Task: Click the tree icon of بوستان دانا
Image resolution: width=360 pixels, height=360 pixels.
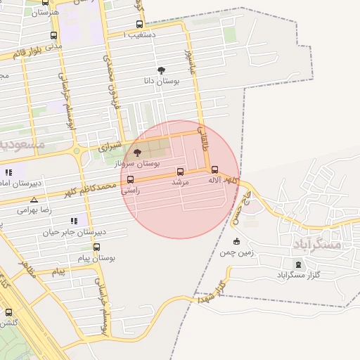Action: (161, 70)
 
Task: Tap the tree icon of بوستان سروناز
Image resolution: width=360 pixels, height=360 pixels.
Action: (137, 152)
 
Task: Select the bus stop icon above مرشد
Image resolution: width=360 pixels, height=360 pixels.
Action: (180, 172)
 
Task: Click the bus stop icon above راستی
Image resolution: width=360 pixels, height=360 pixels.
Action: (130, 179)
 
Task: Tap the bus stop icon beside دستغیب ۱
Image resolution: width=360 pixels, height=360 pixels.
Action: (139, 25)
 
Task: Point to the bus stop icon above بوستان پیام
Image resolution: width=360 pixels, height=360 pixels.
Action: (96, 247)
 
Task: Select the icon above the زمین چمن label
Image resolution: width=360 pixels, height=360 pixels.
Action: (236, 241)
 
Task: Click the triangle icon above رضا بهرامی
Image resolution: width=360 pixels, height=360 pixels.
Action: (34, 200)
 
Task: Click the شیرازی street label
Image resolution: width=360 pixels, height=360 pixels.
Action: (110, 148)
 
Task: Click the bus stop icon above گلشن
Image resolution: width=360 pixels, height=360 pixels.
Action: (8, 312)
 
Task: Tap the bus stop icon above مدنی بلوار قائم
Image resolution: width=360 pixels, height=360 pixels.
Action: (54, 35)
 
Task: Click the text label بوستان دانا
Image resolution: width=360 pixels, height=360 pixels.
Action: (162, 82)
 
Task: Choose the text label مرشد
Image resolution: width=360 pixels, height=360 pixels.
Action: (181, 182)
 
